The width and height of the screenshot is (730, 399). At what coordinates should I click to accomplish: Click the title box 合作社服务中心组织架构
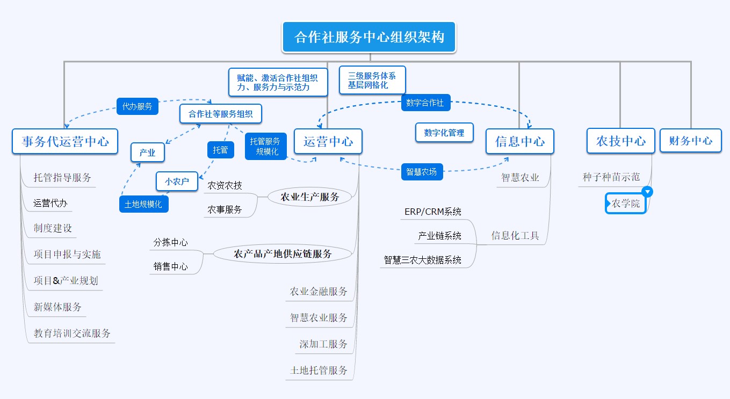click(369, 37)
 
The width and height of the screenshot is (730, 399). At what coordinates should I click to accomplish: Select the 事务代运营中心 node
click(65, 141)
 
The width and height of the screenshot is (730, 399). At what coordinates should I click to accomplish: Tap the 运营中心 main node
click(328, 142)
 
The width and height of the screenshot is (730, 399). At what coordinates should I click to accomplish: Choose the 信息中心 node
click(519, 141)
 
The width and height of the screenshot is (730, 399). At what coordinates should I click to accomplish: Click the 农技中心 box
click(620, 141)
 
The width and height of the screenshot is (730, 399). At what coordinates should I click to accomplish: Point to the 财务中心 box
click(690, 141)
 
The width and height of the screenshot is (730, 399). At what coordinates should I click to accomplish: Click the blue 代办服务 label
click(138, 106)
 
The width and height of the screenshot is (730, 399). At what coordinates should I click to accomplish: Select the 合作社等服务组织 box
click(221, 114)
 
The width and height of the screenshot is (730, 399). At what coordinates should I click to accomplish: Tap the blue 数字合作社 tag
click(425, 103)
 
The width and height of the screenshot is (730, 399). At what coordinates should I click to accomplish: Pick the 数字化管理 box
click(444, 133)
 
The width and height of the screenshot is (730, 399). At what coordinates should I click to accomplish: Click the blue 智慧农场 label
click(422, 172)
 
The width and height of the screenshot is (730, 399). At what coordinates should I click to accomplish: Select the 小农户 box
click(177, 182)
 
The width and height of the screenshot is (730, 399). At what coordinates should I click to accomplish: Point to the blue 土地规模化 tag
click(143, 204)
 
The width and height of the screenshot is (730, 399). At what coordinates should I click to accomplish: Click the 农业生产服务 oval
click(310, 197)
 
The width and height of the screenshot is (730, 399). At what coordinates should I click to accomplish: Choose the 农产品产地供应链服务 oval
click(283, 253)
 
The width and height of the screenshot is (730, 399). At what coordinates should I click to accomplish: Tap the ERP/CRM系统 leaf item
click(432, 212)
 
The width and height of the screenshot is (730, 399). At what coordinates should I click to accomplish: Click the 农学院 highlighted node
click(626, 204)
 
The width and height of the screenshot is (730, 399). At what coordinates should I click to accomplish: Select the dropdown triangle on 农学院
click(647, 192)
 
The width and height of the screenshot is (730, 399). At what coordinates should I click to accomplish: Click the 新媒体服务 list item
click(57, 307)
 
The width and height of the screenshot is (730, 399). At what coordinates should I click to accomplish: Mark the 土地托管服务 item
click(319, 370)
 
